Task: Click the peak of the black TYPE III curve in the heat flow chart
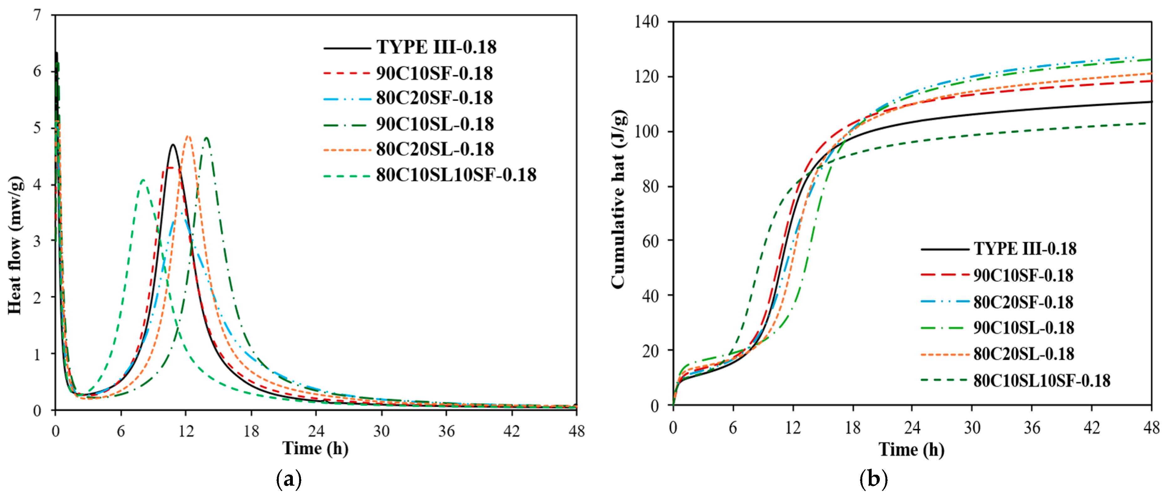point(173,145)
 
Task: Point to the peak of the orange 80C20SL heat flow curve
point(188,136)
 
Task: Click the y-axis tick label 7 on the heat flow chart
point(37,15)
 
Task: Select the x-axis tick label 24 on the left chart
point(316,431)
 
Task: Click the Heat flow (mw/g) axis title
point(15,245)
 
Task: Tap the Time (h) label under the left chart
point(315,448)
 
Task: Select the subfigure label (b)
point(873,479)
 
